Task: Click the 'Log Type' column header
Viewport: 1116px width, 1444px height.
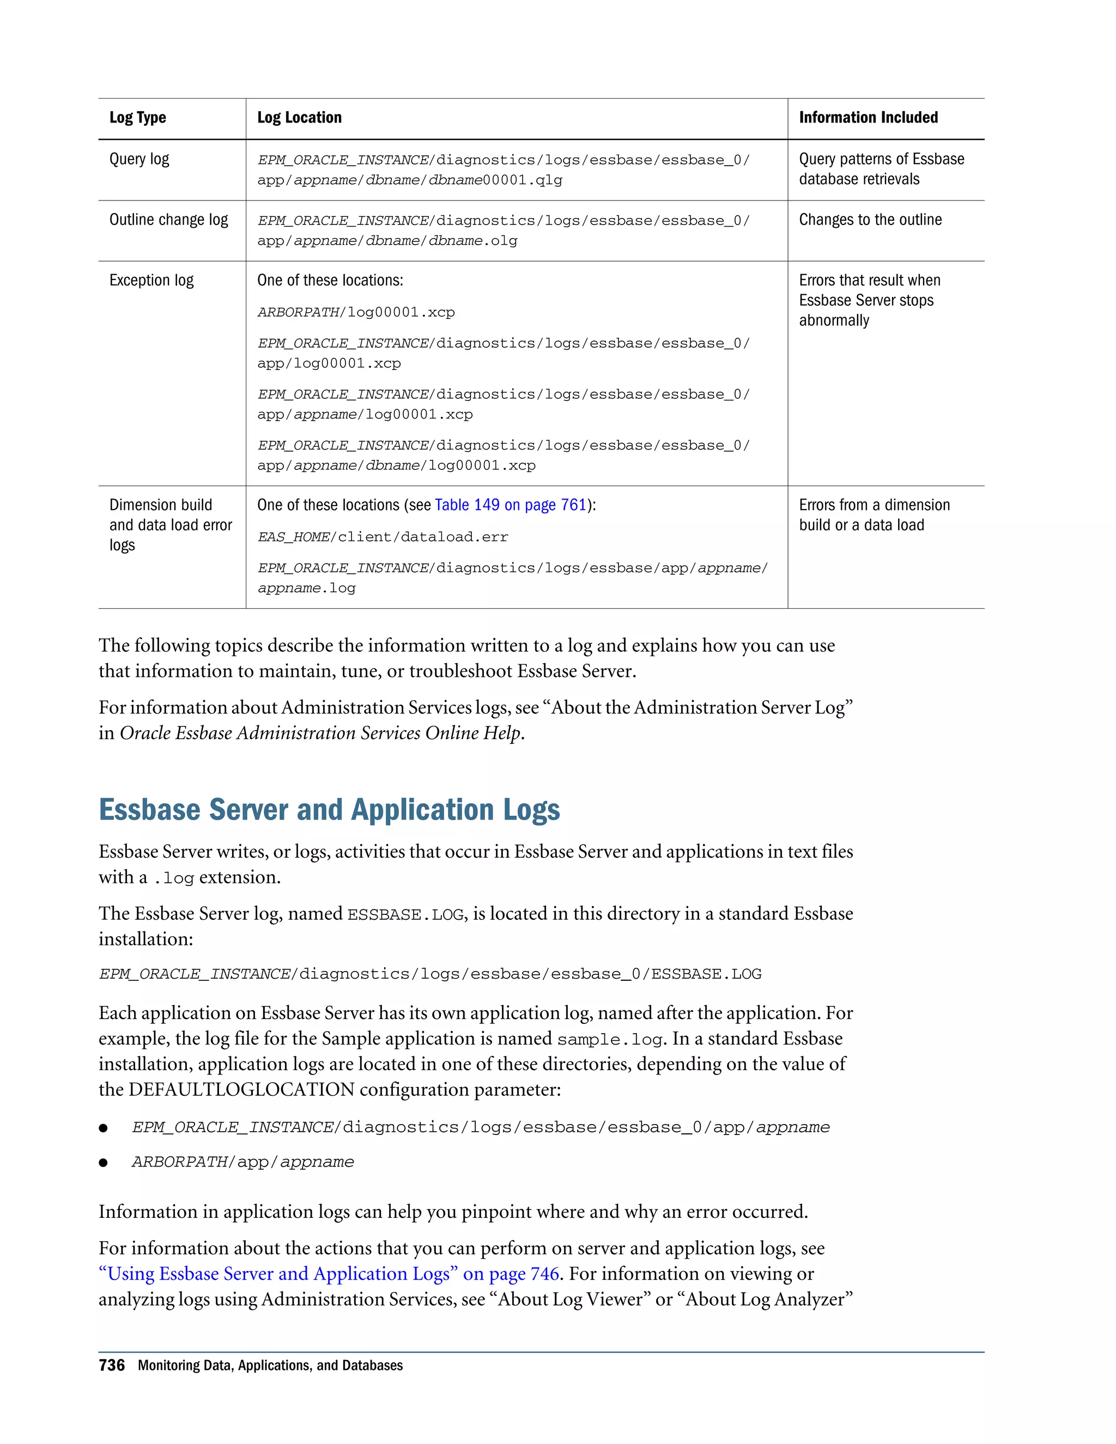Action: pyautogui.click(x=137, y=118)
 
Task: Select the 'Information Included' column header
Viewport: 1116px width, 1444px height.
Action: pyautogui.click(x=868, y=118)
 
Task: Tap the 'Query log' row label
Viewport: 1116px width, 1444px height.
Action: pyautogui.click(x=139, y=159)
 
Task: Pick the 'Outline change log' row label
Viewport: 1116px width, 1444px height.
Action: pyautogui.click(x=168, y=220)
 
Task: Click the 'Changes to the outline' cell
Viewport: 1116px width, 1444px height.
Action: pyautogui.click(x=870, y=220)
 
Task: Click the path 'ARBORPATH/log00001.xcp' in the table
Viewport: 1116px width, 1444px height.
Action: pyautogui.click(x=356, y=312)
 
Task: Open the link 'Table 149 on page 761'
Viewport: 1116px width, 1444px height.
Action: pyautogui.click(x=511, y=505)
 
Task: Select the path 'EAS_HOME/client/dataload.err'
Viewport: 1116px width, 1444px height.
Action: pyautogui.click(x=383, y=537)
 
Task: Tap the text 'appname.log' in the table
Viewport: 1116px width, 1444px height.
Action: pyautogui.click(x=306, y=588)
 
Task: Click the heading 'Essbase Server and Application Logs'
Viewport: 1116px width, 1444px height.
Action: pyautogui.click(x=329, y=810)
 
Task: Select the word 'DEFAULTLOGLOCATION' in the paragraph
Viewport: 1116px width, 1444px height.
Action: pyautogui.click(x=241, y=1090)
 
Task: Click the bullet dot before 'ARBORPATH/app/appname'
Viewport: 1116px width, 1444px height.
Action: pyautogui.click(x=103, y=1163)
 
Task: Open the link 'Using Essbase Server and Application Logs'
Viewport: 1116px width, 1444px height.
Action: pyautogui.click(x=278, y=1274)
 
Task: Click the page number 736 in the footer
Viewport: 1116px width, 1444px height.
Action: pyautogui.click(x=112, y=1366)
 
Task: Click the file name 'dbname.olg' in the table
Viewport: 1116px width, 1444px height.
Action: pyautogui.click(x=472, y=241)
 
